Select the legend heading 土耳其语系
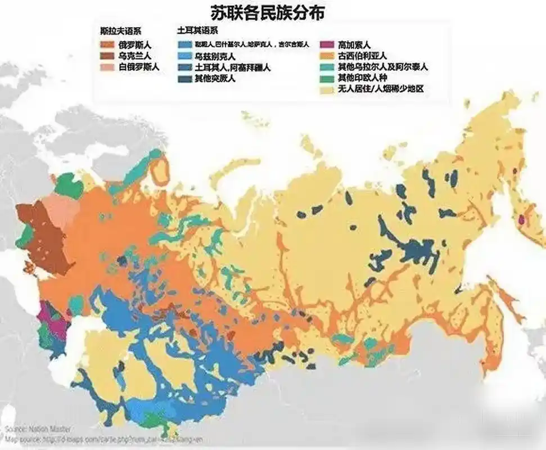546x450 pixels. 197,31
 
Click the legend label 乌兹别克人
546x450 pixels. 215,57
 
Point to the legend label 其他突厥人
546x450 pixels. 215,79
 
